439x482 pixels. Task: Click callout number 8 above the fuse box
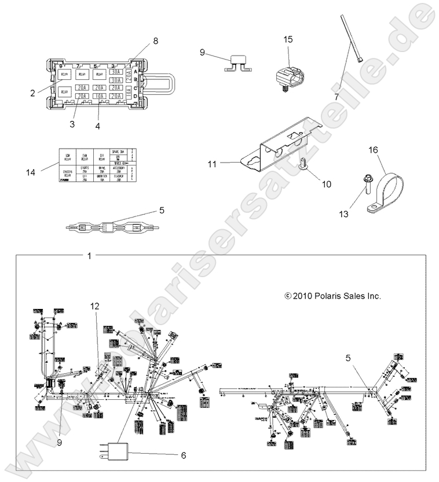155,41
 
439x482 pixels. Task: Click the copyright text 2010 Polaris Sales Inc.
332,295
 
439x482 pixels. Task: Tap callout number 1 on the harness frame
89,255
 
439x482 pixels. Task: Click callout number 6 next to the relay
184,455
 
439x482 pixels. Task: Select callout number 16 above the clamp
373,150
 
